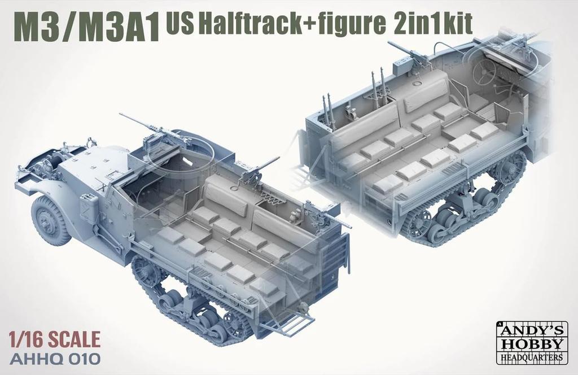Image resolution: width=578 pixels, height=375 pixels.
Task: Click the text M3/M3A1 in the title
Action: (86, 27)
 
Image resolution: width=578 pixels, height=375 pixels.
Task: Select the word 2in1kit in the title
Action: (430, 22)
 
